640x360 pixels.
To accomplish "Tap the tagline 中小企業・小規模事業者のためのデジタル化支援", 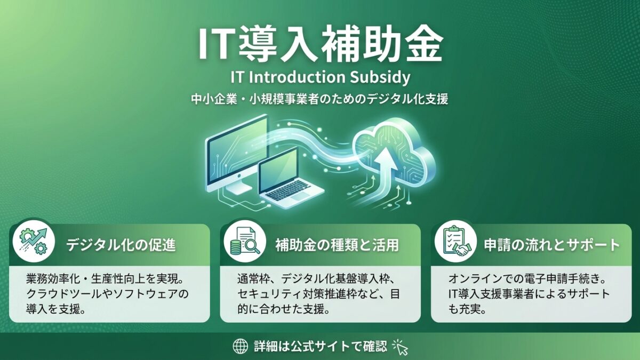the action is pyautogui.click(x=319, y=99).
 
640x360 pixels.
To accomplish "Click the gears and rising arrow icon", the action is pyautogui.click(x=34, y=241).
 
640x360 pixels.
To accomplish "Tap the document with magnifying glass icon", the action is pyautogui.click(x=245, y=241).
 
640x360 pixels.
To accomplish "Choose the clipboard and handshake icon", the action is pyautogui.click(x=455, y=241).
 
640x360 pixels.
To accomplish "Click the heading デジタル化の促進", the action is pyautogui.click(x=121, y=245).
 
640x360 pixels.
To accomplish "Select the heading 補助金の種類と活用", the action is pyautogui.click(x=337, y=245).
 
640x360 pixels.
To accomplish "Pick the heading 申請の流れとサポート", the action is pyautogui.click(x=551, y=245).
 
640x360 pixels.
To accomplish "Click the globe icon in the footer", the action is pyautogui.click(x=241, y=346).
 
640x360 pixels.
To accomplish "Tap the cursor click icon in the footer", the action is pyautogui.click(x=401, y=347).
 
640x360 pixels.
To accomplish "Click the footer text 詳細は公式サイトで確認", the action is pyautogui.click(x=321, y=346).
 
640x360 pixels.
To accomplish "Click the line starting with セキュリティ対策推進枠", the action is pyautogui.click(x=318, y=294).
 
